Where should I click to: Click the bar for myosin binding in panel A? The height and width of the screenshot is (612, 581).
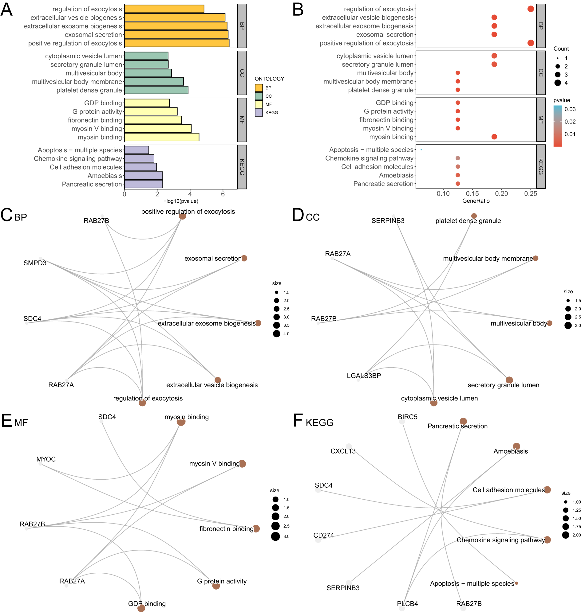click(x=161, y=137)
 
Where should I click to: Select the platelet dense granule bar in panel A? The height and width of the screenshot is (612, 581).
click(x=156, y=90)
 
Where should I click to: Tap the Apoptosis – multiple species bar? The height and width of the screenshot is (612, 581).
click(x=136, y=150)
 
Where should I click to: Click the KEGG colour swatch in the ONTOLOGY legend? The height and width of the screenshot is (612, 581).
click(x=259, y=113)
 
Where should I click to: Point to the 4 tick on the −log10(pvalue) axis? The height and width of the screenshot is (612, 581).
click(x=190, y=194)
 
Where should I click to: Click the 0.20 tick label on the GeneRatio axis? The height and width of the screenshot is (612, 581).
click(x=501, y=194)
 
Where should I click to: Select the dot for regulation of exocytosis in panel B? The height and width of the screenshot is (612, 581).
click(x=531, y=9)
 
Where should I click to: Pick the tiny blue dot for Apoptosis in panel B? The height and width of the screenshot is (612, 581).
click(x=421, y=150)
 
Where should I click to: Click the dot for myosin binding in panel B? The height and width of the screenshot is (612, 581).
click(x=494, y=137)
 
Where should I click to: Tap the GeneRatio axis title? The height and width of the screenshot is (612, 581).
click(x=476, y=201)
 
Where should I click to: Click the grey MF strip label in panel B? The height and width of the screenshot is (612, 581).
click(x=541, y=120)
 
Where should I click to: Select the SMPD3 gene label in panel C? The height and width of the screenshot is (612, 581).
click(x=35, y=263)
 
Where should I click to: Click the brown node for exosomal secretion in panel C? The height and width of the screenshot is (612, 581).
click(x=244, y=258)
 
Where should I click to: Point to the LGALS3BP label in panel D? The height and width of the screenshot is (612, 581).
click(x=364, y=376)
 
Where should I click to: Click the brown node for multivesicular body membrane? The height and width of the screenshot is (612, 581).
click(x=536, y=258)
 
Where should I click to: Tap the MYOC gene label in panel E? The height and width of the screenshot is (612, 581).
click(x=46, y=459)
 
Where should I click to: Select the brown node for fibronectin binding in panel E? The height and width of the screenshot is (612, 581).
click(x=256, y=528)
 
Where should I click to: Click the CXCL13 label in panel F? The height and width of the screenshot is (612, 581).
click(x=343, y=451)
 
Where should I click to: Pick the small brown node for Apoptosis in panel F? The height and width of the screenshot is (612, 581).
click(x=516, y=583)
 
